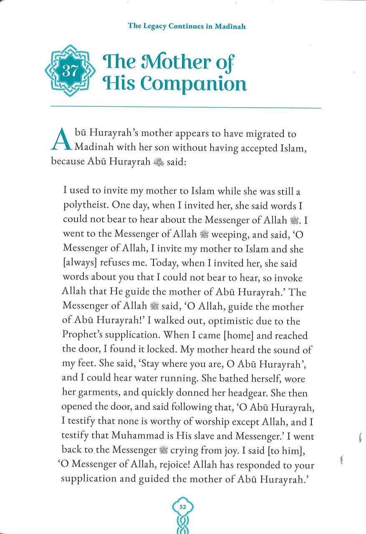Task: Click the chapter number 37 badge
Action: (x=70, y=71)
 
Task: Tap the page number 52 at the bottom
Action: (x=183, y=507)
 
